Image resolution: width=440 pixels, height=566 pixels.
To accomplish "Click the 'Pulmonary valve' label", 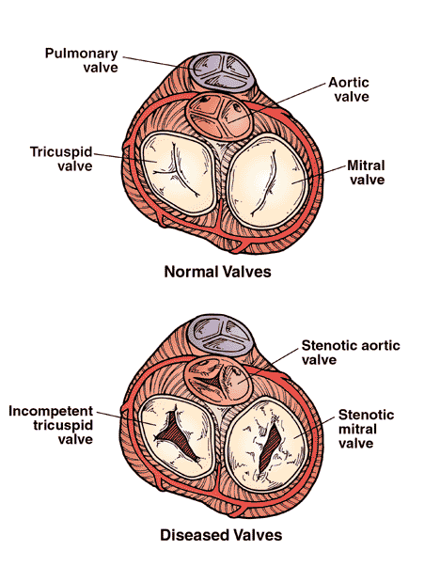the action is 82,60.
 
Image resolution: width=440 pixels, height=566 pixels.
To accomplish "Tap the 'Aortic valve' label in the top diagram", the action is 349,89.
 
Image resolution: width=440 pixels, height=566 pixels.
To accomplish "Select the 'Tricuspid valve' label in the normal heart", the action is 61,159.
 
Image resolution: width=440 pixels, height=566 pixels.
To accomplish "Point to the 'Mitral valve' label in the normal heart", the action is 366,173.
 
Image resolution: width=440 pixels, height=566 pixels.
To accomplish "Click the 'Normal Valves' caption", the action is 218,272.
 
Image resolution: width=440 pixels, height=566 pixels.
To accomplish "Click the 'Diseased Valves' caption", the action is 221,535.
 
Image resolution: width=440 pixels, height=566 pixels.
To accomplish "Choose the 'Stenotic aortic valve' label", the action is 351,353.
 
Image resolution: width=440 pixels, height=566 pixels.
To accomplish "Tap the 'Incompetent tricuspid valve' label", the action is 51,425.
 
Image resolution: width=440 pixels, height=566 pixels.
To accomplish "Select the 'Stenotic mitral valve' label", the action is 366,429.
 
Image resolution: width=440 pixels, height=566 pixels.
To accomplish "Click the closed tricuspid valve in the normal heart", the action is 178,173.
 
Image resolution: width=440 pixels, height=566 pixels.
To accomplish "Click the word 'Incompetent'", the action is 51,411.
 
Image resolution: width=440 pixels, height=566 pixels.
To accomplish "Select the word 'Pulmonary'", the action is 82,54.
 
